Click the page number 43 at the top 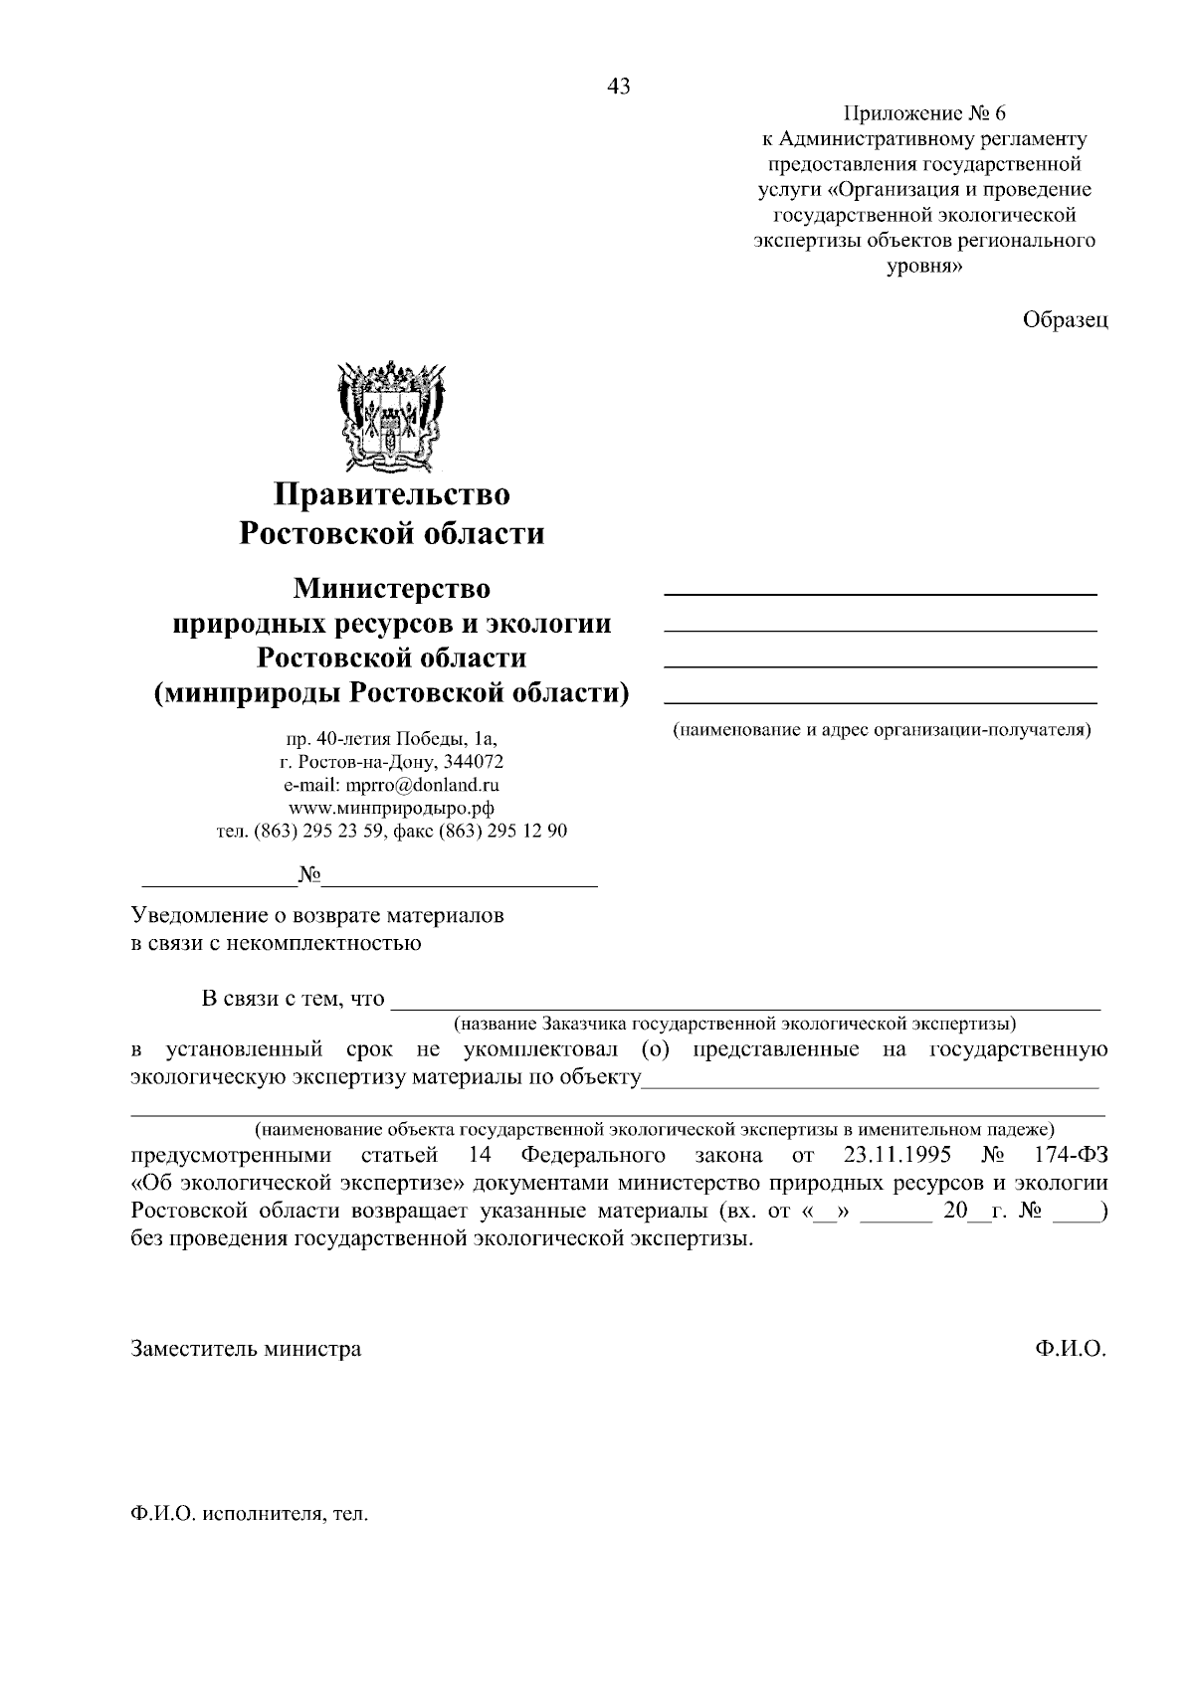618,88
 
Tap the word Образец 1065,319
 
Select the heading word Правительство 392,493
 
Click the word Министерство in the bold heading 391,589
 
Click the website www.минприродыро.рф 391,808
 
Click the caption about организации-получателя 882,730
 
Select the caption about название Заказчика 733,1023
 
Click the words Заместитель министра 246,1349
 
